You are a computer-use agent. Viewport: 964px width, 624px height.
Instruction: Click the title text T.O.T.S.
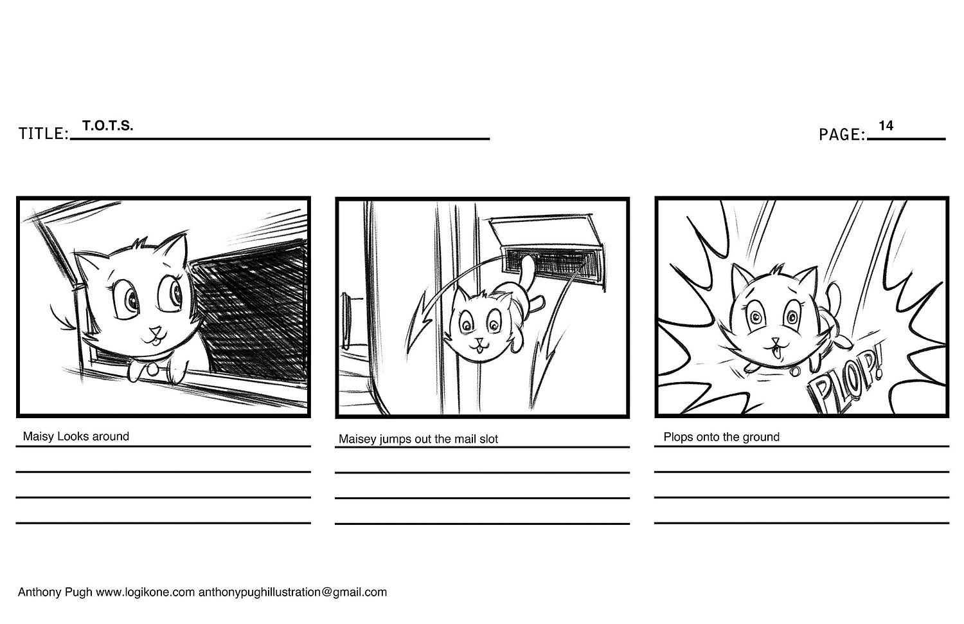click(x=108, y=125)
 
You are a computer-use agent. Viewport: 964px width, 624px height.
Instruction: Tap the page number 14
click(x=886, y=125)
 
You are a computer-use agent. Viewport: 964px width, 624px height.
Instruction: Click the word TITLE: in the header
click(x=44, y=134)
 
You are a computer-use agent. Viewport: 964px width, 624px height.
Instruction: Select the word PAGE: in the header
click(x=842, y=135)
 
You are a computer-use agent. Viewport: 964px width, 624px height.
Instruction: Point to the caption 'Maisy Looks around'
click(x=76, y=437)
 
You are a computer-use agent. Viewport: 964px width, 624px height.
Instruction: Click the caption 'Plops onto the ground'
click(x=721, y=437)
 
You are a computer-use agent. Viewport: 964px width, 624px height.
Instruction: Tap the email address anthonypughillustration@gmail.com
click(x=292, y=592)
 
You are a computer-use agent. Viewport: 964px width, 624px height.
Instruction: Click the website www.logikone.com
click(x=145, y=592)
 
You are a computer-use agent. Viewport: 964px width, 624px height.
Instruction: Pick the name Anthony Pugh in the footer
click(x=55, y=592)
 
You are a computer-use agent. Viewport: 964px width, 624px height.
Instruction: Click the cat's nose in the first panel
click(x=156, y=331)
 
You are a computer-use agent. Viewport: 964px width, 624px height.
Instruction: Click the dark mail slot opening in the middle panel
click(x=551, y=262)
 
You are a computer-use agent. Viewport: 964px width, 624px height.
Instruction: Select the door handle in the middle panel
click(x=345, y=321)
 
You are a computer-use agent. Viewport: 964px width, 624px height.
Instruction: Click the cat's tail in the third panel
click(x=834, y=295)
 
